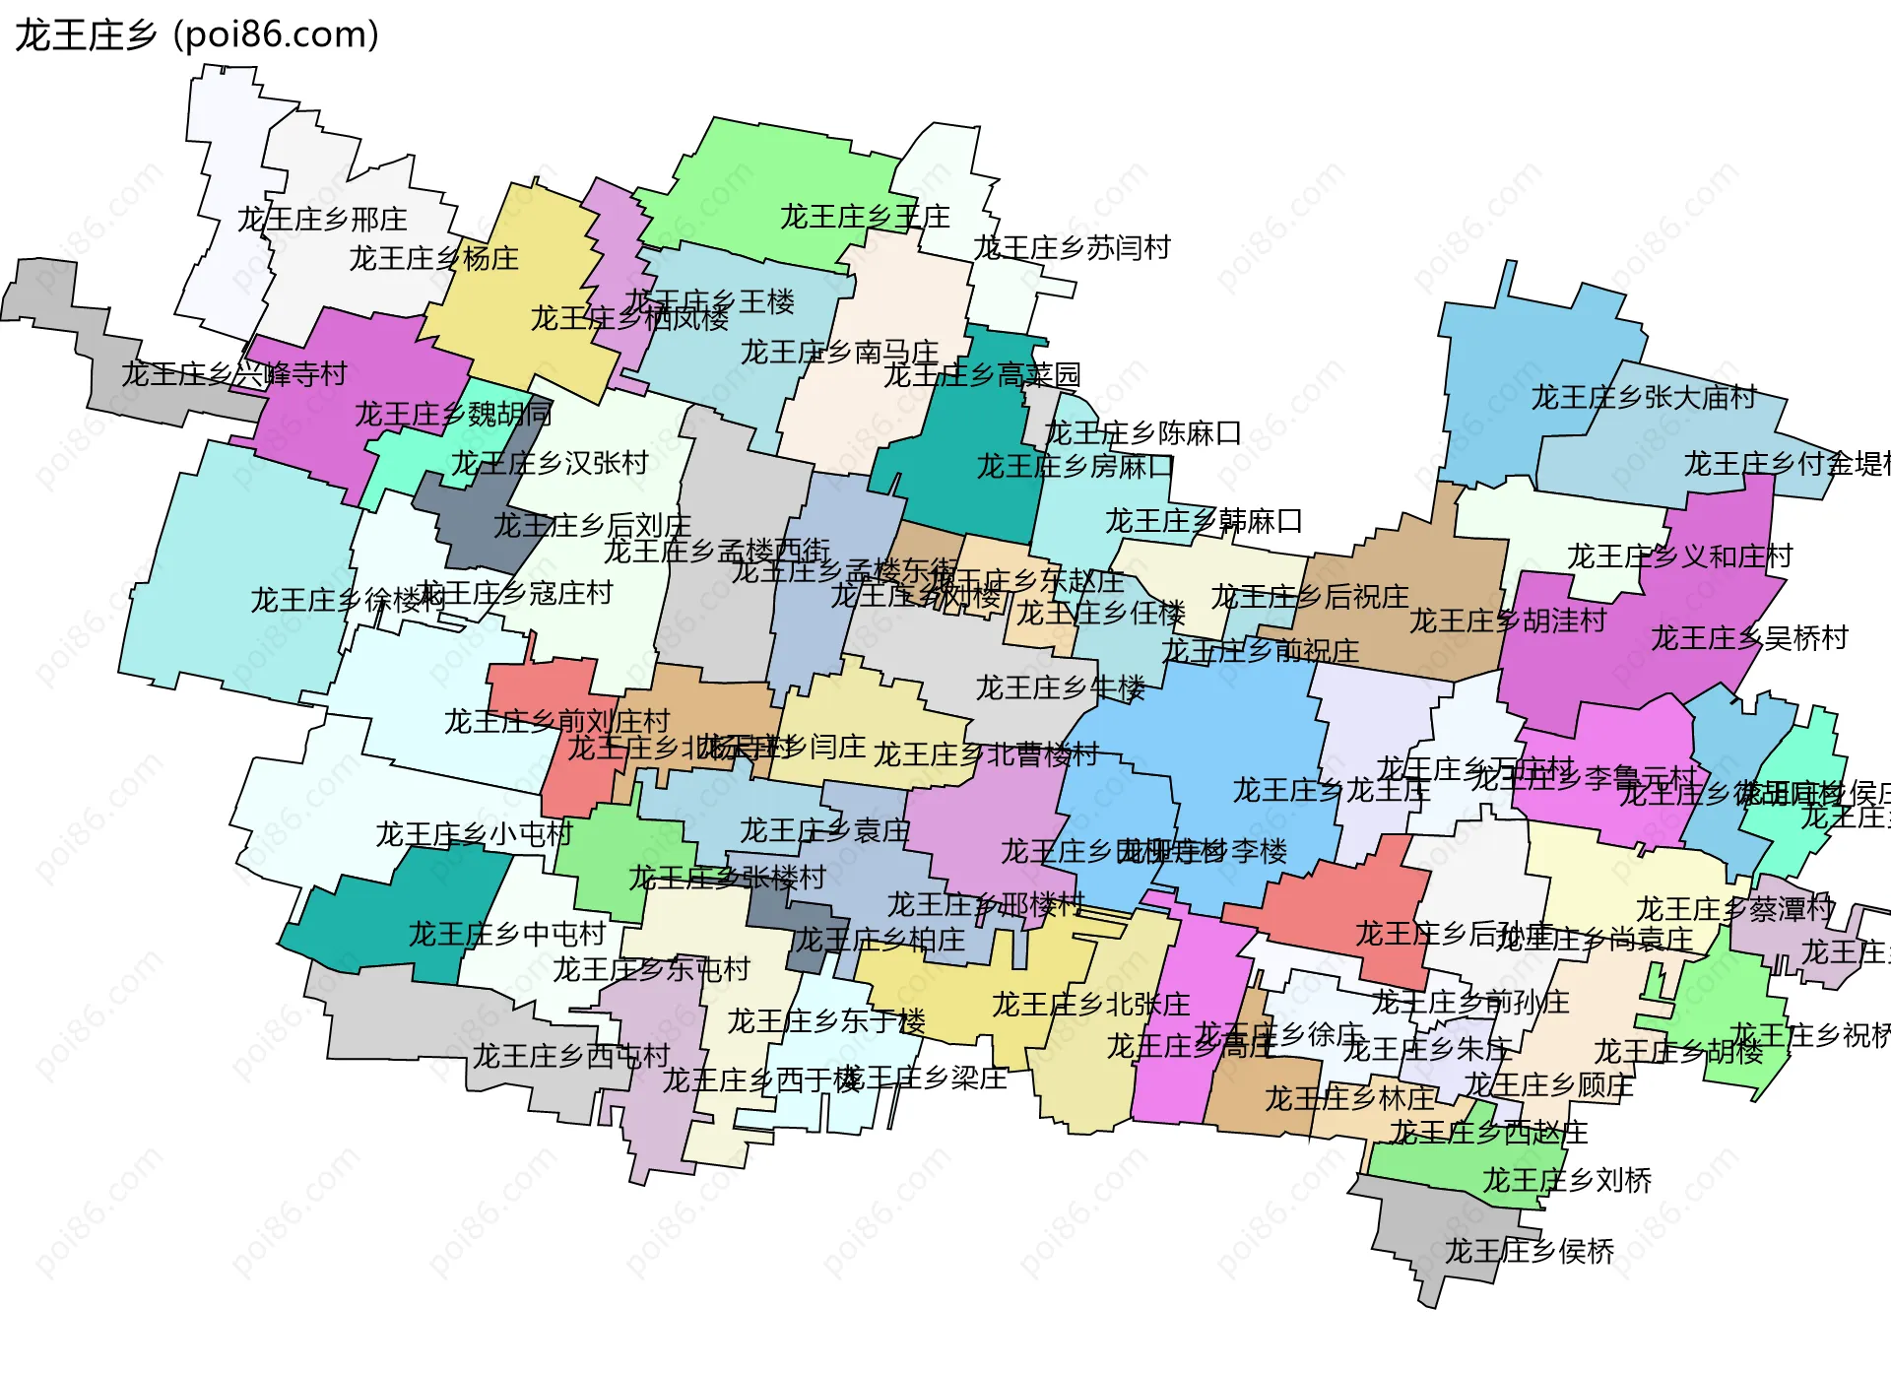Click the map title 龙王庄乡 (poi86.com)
pos(197,35)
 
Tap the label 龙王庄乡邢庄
pos(322,219)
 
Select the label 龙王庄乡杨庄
pos(433,258)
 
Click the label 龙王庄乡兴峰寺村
pos(234,374)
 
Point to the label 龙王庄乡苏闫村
pos(1072,247)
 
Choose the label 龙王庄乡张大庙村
pos(1644,397)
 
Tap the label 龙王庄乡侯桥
pos(1529,1251)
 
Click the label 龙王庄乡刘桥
pos(1567,1180)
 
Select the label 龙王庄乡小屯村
pos(474,834)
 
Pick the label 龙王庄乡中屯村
pos(506,933)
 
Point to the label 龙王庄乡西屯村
pos(571,1056)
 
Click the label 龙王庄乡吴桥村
pos(1749,638)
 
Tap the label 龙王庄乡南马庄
pos(839,352)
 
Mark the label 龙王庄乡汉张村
pos(550,462)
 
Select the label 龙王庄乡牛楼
pos(1061,687)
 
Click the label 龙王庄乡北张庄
pos(1090,1005)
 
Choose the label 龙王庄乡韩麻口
pos(1204,520)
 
